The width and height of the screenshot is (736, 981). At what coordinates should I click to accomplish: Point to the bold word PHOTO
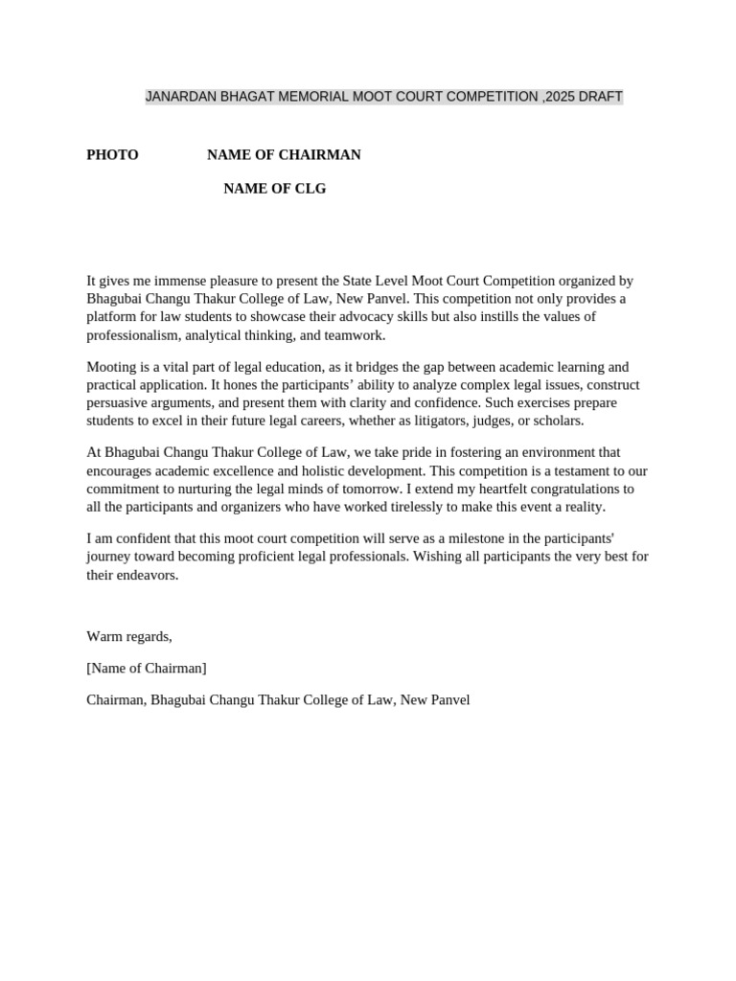point(112,155)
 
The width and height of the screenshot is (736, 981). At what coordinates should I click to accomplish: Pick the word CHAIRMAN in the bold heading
point(320,155)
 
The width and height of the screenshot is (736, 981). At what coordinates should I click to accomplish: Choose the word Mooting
point(112,367)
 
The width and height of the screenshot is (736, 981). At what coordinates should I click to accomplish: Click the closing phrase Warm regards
point(129,636)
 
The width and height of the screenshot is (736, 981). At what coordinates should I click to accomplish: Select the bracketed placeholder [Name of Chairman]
point(147,668)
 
